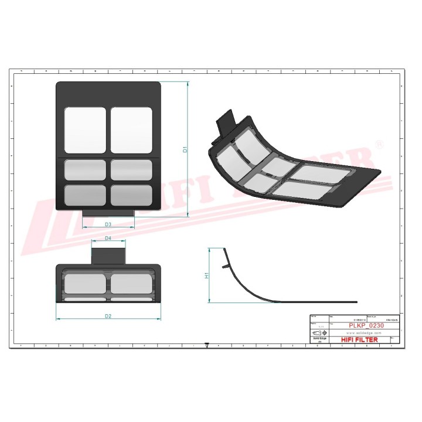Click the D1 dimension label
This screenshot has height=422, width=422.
click(185, 149)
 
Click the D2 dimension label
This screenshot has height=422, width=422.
click(108, 316)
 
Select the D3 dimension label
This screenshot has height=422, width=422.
click(108, 224)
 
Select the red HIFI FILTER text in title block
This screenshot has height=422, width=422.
click(359, 339)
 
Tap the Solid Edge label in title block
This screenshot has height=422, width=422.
click(319, 338)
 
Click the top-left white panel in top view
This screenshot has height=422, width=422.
click(85, 130)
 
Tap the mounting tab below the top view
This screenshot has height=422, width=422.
click(108, 212)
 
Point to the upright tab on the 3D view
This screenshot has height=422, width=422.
click(226, 122)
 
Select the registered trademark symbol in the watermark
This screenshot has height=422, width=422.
click(379, 144)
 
